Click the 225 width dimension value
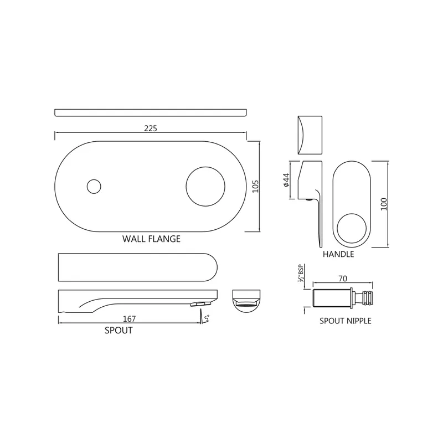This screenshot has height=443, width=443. (151, 128)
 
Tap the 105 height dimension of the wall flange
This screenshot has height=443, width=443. (255, 187)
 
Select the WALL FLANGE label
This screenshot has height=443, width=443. (151, 239)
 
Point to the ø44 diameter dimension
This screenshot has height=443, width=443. (286, 180)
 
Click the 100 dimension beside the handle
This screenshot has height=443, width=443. (384, 204)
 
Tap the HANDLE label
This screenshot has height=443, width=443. (338, 254)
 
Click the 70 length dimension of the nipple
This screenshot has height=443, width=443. (343, 279)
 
